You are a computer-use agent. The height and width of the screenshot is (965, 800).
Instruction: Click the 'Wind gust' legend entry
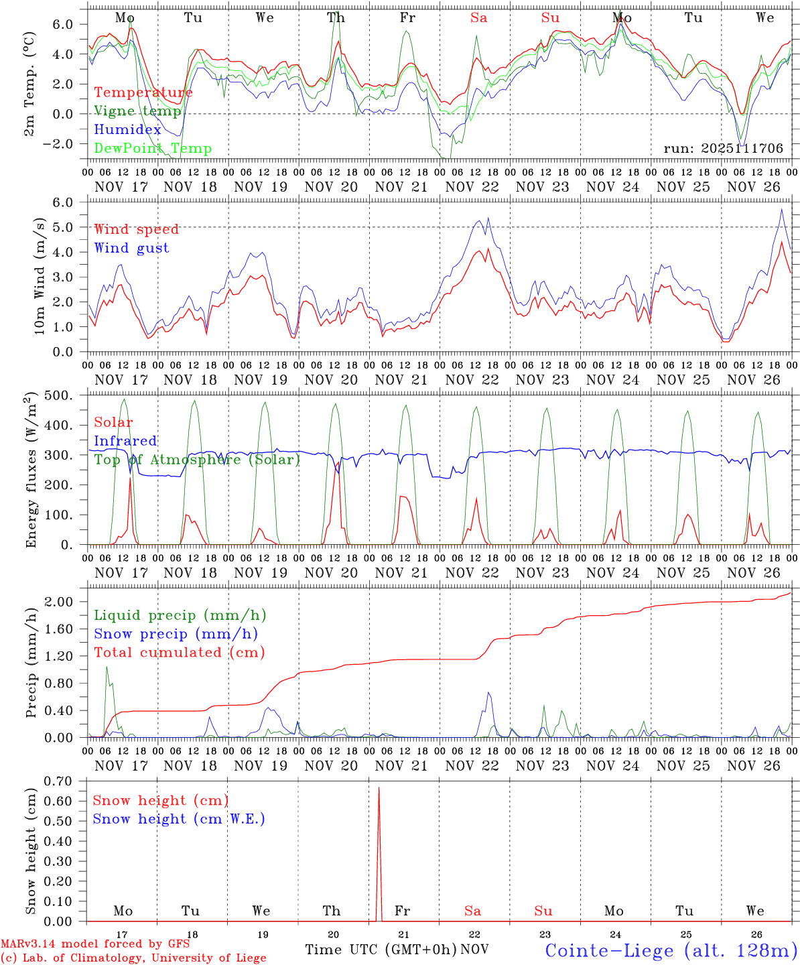(x=131, y=248)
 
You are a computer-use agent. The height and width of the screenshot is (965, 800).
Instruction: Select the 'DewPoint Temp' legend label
(x=153, y=149)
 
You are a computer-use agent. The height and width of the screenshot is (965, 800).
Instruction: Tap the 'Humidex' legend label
(x=127, y=130)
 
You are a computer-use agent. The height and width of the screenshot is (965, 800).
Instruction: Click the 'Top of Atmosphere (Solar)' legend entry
(x=197, y=460)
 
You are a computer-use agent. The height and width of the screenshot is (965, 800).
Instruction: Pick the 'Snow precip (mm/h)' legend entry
(x=176, y=634)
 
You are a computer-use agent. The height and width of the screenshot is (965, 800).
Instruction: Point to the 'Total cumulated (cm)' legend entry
(x=179, y=652)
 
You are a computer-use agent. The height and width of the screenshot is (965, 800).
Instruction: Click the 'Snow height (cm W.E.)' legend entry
(x=179, y=819)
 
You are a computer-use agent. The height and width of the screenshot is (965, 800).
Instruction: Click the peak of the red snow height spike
(x=379, y=788)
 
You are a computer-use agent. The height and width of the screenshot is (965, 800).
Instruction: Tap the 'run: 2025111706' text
(x=724, y=149)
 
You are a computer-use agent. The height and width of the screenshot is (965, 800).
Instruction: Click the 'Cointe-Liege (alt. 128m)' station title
(x=671, y=950)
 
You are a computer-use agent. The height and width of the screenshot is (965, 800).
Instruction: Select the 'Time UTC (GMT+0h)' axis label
(x=381, y=950)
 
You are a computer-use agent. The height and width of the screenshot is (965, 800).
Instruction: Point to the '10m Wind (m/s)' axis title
(x=40, y=276)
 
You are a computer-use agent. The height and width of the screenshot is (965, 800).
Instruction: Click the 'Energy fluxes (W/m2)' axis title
(x=31, y=471)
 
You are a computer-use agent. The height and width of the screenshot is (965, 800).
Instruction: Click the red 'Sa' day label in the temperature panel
(x=478, y=18)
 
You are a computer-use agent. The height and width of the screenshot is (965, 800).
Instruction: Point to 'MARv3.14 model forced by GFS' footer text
(x=95, y=944)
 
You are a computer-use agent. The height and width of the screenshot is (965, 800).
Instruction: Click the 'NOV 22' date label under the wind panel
(x=472, y=380)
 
